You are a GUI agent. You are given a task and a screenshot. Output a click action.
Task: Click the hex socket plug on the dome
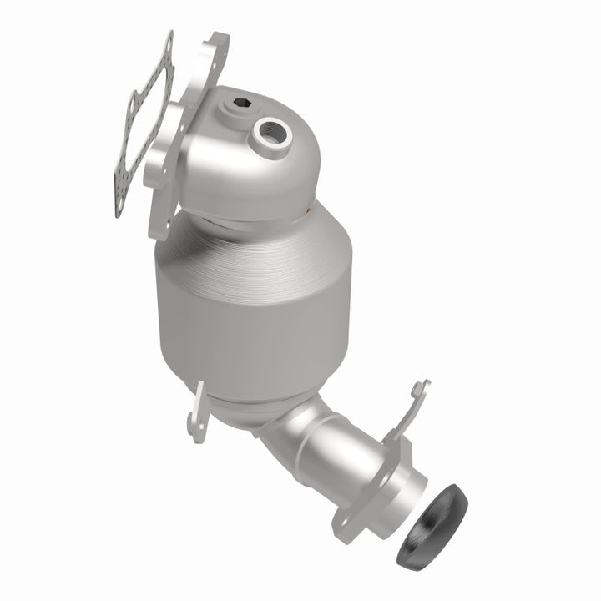241,104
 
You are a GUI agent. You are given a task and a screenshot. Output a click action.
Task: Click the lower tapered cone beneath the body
242,409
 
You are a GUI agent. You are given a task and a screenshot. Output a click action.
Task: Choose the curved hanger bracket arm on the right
409,417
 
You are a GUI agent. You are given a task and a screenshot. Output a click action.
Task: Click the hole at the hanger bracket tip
423,387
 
